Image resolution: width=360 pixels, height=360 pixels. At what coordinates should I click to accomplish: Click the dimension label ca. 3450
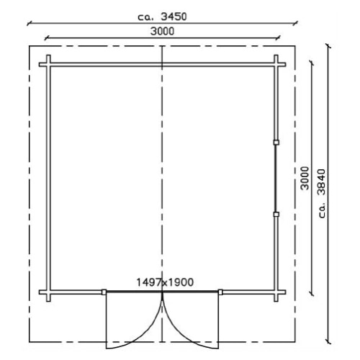162,17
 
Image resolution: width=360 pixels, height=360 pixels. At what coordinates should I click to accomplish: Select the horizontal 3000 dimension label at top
162,32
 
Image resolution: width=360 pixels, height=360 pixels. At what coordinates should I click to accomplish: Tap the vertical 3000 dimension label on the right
305,178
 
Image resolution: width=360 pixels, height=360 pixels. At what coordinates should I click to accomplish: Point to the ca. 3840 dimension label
322,194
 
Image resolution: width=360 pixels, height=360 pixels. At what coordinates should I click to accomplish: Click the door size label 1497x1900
165,282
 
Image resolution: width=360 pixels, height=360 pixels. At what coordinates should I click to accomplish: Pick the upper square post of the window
276,143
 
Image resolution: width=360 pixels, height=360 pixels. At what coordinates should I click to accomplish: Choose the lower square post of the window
276,215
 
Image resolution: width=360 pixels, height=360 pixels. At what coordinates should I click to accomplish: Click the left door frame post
104,292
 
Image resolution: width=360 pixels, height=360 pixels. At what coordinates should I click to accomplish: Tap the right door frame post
220,292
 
